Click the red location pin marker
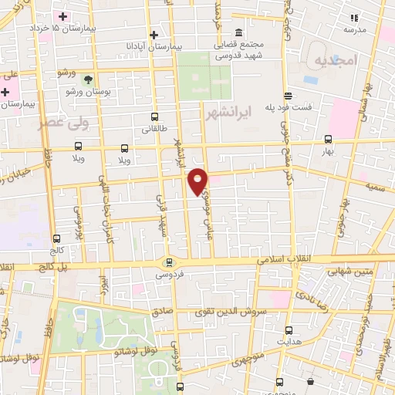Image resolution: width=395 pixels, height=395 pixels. pos(199,181)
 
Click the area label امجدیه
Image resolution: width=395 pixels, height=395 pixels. pos(333,59)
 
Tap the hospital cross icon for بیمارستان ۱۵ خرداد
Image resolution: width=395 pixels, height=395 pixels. pos(63,16)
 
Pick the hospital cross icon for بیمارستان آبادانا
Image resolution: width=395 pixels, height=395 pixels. pos(154,34)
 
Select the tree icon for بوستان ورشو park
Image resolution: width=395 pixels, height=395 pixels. pos(90,79)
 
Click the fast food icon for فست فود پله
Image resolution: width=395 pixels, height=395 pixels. pos(289,96)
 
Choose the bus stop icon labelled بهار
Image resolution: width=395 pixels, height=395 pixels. pos(329,140)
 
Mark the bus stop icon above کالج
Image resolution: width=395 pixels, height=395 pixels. pos(56,238)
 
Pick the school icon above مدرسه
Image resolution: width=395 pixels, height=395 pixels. pos(355,17)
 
